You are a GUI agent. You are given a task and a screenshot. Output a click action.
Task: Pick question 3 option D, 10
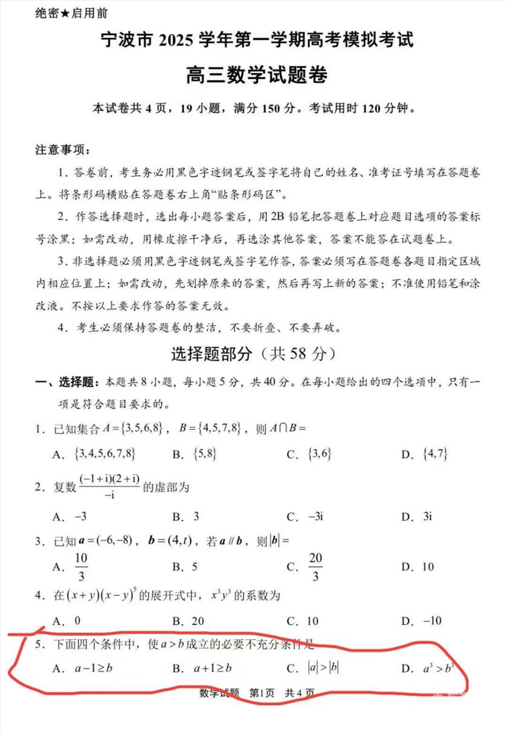click(x=427, y=567)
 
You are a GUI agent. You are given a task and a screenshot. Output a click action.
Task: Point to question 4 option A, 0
click(x=77, y=621)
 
